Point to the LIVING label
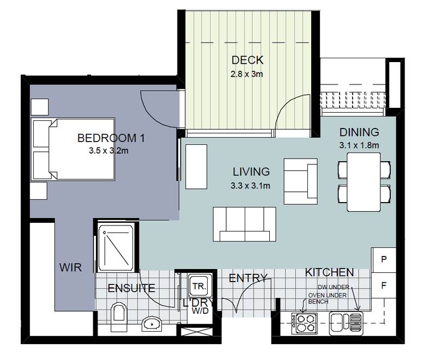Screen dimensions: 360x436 [251, 172]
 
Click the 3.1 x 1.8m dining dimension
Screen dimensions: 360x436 [359, 145]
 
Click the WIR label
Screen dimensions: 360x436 [71, 267]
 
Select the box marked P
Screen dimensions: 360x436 [384, 260]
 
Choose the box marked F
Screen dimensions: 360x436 [384, 284]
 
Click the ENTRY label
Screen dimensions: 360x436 [247, 278]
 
